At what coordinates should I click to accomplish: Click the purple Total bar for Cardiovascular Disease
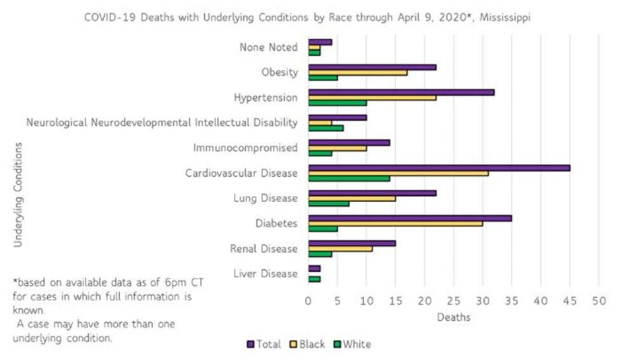[439, 168]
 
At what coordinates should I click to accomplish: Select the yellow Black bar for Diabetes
[395, 223]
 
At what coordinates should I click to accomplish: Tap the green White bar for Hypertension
[337, 103]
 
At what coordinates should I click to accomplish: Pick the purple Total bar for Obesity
[372, 67]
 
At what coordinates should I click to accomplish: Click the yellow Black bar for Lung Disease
[352, 198]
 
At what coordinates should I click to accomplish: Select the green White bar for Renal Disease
[320, 254]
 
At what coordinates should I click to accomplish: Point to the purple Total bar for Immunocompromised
[348, 143]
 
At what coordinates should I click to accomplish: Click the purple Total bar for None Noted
[320, 42]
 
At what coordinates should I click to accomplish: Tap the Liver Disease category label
[265, 274]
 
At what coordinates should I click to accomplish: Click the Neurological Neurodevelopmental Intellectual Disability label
[162, 123]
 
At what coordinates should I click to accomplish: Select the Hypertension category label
[265, 98]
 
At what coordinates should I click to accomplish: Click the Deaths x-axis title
[453, 317]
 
